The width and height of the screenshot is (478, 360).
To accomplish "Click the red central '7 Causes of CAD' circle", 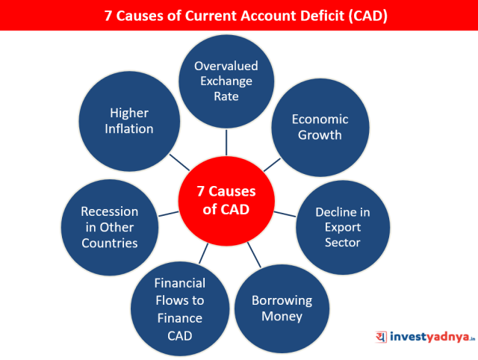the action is pos(226,201).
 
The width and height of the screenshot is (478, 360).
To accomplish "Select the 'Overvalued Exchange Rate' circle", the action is pos(226,81).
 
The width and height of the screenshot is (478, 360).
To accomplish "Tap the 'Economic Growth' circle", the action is pos(320,128).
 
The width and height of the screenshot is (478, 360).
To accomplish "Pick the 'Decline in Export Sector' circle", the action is pos(343,227).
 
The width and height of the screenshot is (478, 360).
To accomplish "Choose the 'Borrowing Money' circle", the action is pos(282,308).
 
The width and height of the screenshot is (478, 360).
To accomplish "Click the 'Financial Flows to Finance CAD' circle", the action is pos(180,308).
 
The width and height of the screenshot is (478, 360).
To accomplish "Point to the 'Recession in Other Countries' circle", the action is pos(110,227).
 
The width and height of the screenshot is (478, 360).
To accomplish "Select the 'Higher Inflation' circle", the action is pos(129,121).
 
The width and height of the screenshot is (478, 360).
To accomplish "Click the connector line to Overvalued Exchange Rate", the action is pos(226,143).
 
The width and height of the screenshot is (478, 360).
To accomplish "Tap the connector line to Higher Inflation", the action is pos(179,162).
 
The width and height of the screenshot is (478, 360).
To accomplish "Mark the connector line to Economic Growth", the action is pos(272,165).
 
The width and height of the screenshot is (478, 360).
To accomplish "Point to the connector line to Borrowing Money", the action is pos(254,255).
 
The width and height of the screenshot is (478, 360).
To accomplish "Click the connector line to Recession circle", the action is pos(169,214).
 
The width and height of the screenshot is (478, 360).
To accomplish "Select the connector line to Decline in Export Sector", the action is pos(285,214).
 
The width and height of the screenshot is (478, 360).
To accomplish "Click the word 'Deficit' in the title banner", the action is pos(322,16).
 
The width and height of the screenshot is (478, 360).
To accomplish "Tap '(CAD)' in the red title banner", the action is pos(368,16).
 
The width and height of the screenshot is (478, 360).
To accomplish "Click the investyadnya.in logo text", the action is pos(432,337).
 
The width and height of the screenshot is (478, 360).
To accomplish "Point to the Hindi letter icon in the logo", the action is pos(381,337).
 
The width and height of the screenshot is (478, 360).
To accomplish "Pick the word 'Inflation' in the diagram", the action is pos(129,128).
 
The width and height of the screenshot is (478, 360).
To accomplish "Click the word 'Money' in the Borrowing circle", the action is pos(282,317).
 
